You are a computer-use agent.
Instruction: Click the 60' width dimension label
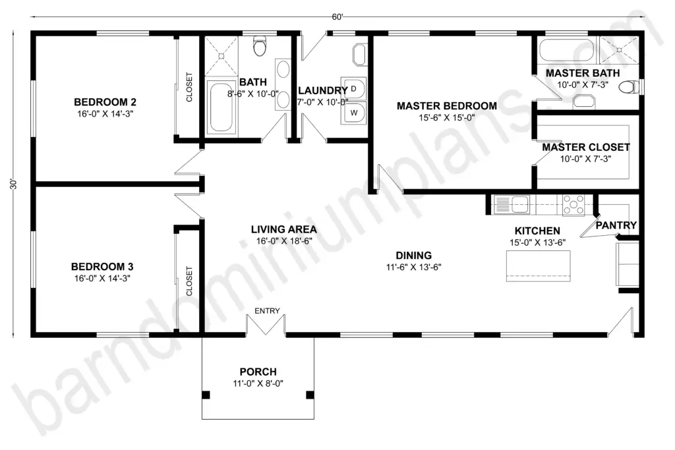coord(337,16)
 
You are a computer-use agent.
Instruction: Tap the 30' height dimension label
coord(14,184)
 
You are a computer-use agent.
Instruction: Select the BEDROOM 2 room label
coord(105,102)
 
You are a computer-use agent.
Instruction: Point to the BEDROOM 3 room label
coord(102,267)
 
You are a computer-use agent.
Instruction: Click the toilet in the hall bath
coord(260,46)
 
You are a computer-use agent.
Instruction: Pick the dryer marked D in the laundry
coord(353,90)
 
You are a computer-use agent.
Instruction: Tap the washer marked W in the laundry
coord(353,113)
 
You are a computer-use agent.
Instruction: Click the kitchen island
coord(538,266)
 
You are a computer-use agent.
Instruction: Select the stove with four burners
coord(573,204)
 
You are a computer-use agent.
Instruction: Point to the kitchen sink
coord(512,204)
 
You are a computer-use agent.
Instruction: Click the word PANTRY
coord(616,225)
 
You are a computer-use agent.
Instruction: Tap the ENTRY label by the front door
coord(267,310)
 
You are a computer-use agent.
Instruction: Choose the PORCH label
coord(258,372)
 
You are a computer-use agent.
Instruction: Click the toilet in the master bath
coord(628,88)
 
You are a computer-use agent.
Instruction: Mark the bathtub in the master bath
coord(566,50)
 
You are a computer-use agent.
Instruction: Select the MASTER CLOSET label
coord(586,147)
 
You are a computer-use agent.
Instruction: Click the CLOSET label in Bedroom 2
coord(189,88)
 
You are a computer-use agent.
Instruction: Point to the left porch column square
coord(206,395)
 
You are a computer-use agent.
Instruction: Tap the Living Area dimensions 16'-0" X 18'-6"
coord(284,241)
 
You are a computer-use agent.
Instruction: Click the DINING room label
coord(414,256)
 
